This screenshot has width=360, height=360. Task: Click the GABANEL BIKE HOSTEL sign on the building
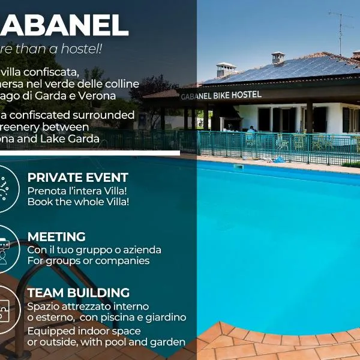pos(221,95)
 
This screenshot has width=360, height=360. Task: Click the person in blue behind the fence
pos(251,131)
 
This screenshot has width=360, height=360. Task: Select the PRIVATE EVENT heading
pos(77,178)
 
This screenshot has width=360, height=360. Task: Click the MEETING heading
pos(56,237)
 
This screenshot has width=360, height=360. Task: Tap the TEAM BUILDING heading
pos(78,293)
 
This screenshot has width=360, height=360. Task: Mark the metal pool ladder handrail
pos(60,264)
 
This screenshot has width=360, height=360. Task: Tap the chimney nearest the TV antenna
pos(278,58)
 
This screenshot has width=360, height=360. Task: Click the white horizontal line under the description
pos(90,153)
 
